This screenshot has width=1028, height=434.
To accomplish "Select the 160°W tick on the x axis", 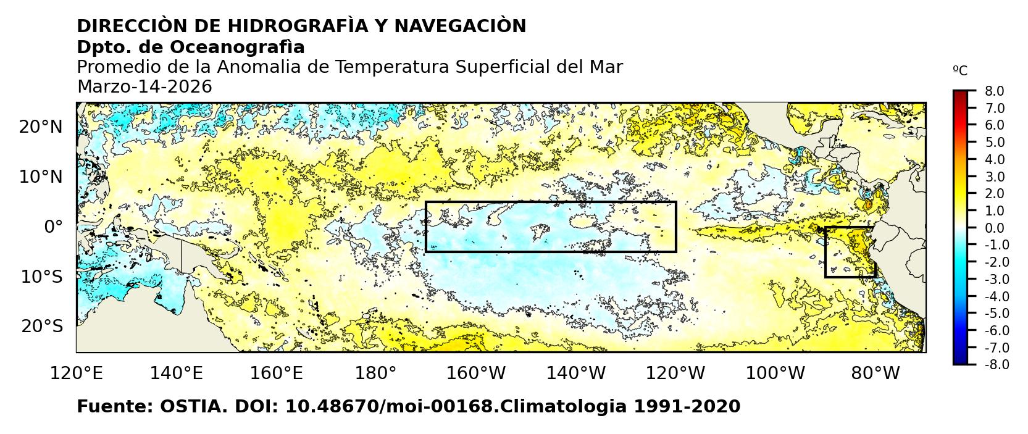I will pyautogui.click(x=476, y=373).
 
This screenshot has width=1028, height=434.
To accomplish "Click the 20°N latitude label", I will pyautogui.click(x=41, y=127).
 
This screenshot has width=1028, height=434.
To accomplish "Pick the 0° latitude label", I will pyautogui.click(x=54, y=227).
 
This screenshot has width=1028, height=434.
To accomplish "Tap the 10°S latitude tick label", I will pyautogui.click(x=41, y=277).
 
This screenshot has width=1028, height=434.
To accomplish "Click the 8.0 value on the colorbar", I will pyautogui.click(x=994, y=91).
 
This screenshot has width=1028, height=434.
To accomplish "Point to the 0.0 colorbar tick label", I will pyautogui.click(x=994, y=228).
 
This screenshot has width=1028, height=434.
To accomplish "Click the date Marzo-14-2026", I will pyautogui.click(x=144, y=87).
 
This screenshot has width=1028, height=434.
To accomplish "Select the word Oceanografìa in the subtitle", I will pyautogui.click(x=236, y=47).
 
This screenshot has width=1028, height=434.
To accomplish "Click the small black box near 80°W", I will pyautogui.click(x=850, y=252).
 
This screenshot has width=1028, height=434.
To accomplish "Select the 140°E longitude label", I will pyautogui.click(x=177, y=373).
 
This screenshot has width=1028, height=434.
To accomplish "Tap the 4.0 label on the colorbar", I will pyautogui.click(x=994, y=160).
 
